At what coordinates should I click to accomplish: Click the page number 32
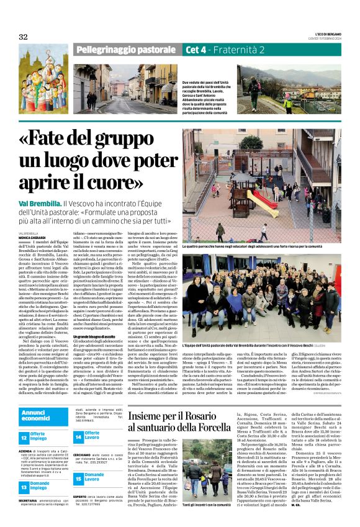[x=24, y=37]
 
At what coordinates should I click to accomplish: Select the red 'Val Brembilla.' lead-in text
[x=40, y=203]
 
